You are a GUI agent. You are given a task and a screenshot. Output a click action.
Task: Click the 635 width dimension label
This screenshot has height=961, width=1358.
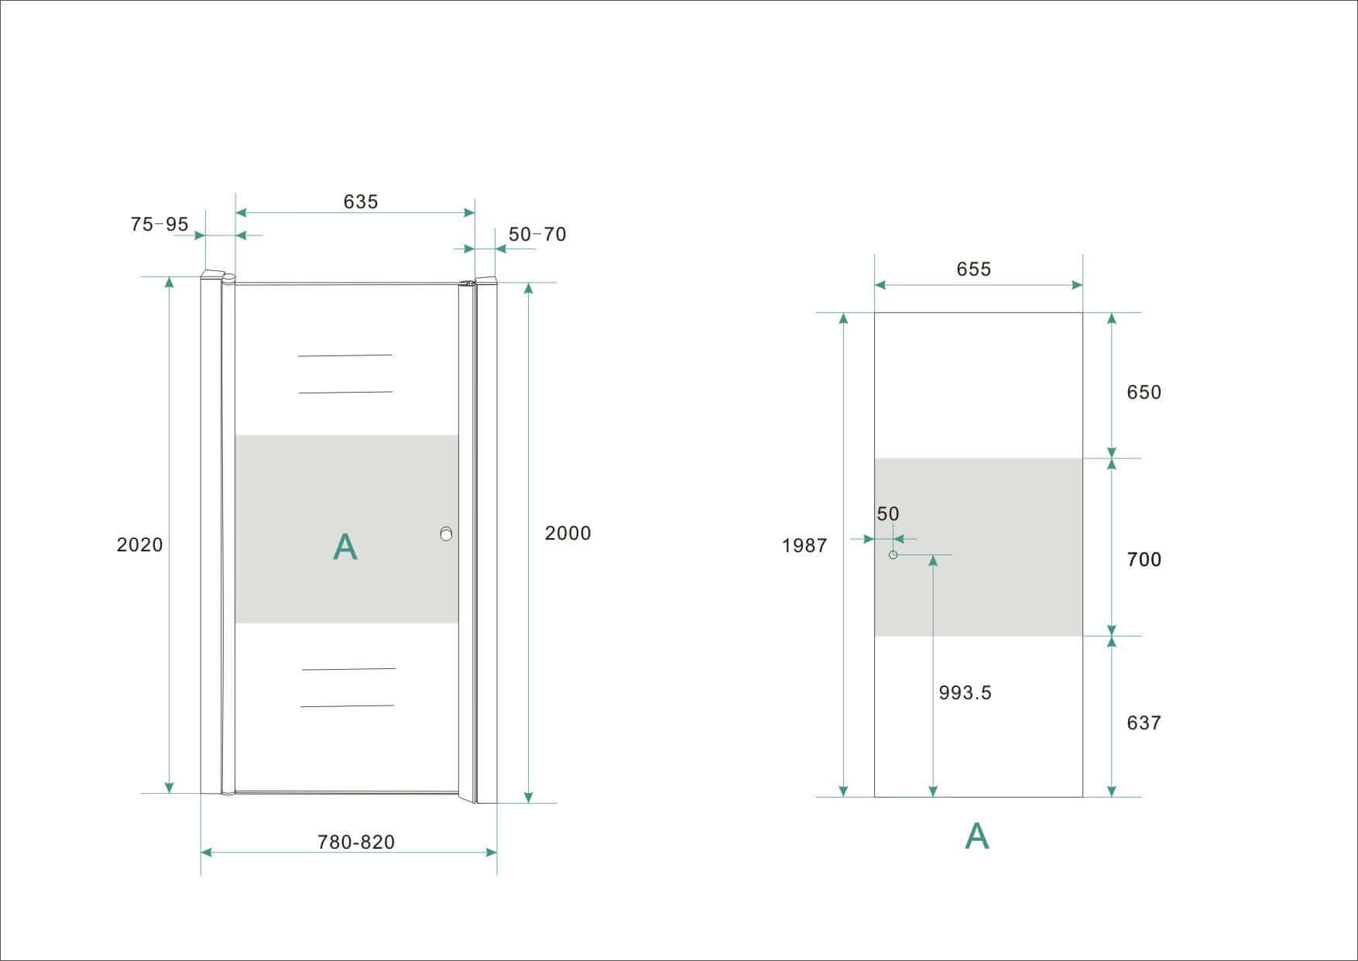[x=361, y=201]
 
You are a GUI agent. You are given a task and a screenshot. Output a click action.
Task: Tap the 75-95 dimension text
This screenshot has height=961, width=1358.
[x=159, y=224]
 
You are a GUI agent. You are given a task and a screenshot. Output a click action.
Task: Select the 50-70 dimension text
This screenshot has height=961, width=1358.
[x=537, y=234]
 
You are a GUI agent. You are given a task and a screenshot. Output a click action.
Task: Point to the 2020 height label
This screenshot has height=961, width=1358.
[x=140, y=544]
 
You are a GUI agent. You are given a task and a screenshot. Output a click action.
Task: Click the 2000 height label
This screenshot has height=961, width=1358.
[x=568, y=533]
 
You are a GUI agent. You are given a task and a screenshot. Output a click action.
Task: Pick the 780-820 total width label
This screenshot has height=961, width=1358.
[x=356, y=842]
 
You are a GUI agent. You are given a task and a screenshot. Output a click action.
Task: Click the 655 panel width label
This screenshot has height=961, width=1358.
[x=974, y=269]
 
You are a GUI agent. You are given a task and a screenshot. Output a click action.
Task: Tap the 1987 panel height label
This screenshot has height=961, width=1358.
[x=804, y=545]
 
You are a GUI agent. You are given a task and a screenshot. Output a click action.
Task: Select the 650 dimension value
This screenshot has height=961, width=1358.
[x=1144, y=392]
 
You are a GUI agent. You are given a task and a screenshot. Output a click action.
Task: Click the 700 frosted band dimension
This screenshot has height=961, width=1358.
[x=1144, y=559]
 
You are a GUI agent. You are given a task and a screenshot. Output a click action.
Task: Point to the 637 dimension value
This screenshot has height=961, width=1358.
[x=1144, y=722]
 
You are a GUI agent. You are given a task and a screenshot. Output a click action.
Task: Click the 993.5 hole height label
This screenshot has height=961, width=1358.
[x=965, y=692]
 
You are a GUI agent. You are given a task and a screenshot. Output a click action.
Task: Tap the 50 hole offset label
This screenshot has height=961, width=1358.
[x=888, y=513]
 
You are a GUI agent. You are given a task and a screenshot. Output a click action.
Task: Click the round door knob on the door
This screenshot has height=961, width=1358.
[x=445, y=534]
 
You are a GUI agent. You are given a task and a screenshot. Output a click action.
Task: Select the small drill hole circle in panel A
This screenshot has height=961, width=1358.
[x=893, y=554]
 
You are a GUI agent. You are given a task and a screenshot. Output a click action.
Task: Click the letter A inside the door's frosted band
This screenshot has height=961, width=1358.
[x=345, y=547]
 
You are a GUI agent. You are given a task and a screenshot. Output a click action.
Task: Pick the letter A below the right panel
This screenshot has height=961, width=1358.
[x=977, y=836]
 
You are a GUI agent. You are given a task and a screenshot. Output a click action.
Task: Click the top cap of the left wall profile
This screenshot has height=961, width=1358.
[x=217, y=275]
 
